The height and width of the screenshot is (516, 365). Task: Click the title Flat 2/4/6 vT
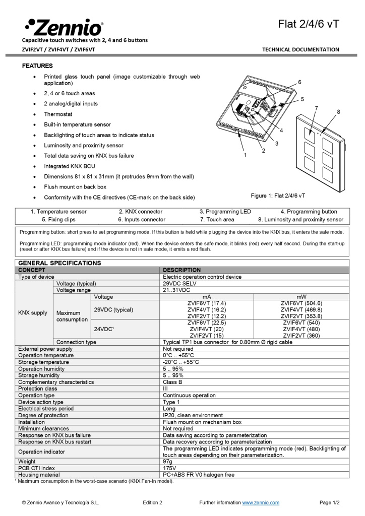[x=309, y=24]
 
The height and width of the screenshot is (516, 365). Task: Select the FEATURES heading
[x=37, y=66]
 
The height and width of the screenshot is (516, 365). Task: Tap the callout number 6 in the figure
[x=299, y=82]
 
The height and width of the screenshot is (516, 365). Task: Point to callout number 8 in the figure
[x=338, y=112]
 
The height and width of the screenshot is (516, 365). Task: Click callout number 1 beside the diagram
[x=245, y=155]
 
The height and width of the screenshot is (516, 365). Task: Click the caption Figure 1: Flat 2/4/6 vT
[x=278, y=195]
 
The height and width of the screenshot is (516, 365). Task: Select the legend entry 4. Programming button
[x=309, y=212]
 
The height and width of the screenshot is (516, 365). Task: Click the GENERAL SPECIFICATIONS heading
[x=59, y=263]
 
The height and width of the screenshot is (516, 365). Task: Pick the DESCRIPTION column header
[x=181, y=270]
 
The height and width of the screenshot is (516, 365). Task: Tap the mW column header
[x=301, y=297]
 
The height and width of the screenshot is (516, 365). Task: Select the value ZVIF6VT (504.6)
[x=301, y=303]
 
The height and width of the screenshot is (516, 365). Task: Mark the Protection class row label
[x=38, y=389]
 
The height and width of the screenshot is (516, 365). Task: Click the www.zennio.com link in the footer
[x=261, y=502]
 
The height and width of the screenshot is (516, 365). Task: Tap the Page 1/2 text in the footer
[x=330, y=502]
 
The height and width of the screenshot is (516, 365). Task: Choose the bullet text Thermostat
[x=58, y=114]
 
